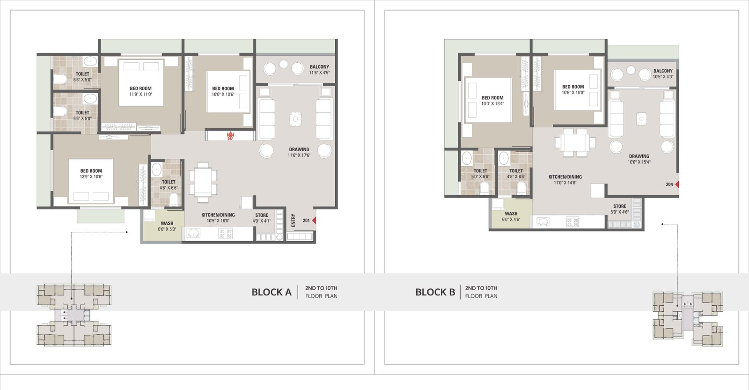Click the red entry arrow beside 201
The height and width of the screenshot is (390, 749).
tap(314, 221)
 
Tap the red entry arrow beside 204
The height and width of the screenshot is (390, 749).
tap(677, 184)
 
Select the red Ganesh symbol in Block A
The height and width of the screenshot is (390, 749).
tap(230, 136)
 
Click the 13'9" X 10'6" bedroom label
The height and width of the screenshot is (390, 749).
tap(91, 174)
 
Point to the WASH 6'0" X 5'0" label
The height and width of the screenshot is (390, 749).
tap(167, 226)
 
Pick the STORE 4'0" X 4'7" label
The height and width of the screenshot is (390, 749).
tap(262, 218)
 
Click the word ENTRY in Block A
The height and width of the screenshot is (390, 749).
tap(293, 221)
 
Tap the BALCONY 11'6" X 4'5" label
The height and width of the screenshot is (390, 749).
tap(319, 70)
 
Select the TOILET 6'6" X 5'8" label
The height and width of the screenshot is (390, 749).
tap(82, 116)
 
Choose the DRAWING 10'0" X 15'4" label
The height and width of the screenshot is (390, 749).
tap(639, 159)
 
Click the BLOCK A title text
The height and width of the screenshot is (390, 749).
tap(272, 292)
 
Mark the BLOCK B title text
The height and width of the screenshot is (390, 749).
tap(435, 292)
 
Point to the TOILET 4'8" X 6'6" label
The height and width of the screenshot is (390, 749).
tap(516, 174)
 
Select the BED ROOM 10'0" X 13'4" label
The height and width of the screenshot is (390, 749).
tap(492, 101)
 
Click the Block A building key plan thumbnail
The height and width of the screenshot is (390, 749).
tap(74, 315)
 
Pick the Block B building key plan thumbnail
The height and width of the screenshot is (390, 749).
tap(688, 319)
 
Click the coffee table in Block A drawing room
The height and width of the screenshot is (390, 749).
tap(295, 119)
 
